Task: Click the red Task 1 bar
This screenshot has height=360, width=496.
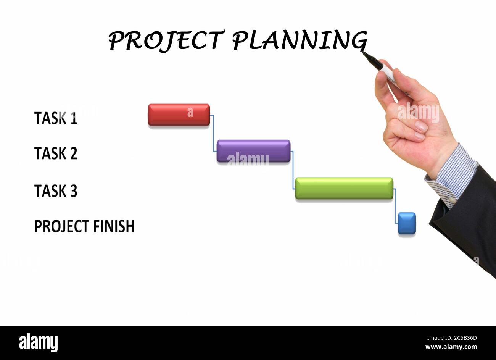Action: (179, 115)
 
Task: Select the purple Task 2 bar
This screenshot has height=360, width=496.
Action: (253, 151)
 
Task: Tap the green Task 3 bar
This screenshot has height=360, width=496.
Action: (344, 188)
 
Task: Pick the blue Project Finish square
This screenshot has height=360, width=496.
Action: (406, 223)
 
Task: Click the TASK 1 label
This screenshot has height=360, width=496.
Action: (56, 118)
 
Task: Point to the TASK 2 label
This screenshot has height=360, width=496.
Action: (56, 153)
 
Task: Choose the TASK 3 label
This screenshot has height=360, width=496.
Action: (56, 191)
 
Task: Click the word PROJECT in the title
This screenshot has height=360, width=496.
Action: (165, 40)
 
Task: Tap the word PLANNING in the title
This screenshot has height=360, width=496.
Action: (300, 40)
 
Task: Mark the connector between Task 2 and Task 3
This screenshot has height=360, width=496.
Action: (293, 170)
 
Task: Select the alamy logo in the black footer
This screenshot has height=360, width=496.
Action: (38, 342)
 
